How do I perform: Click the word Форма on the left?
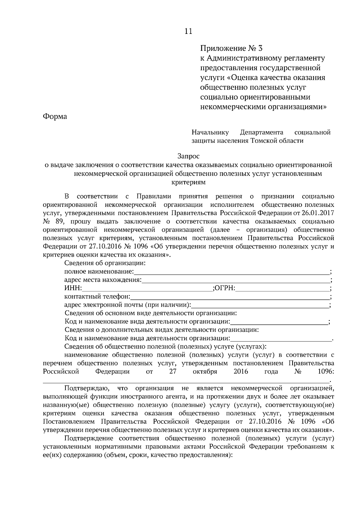pyautogui.click(x=55, y=116)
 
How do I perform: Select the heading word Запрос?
pyautogui.click(x=188, y=156)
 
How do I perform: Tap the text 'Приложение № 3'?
pyautogui.click(x=231, y=48)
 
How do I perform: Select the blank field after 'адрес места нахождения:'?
pyautogui.click(x=235, y=280)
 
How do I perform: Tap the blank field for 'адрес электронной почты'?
pyautogui.click(x=260, y=305)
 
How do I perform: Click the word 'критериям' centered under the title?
pyautogui.click(x=188, y=182)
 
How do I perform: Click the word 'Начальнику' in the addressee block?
pyautogui.click(x=210, y=132)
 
